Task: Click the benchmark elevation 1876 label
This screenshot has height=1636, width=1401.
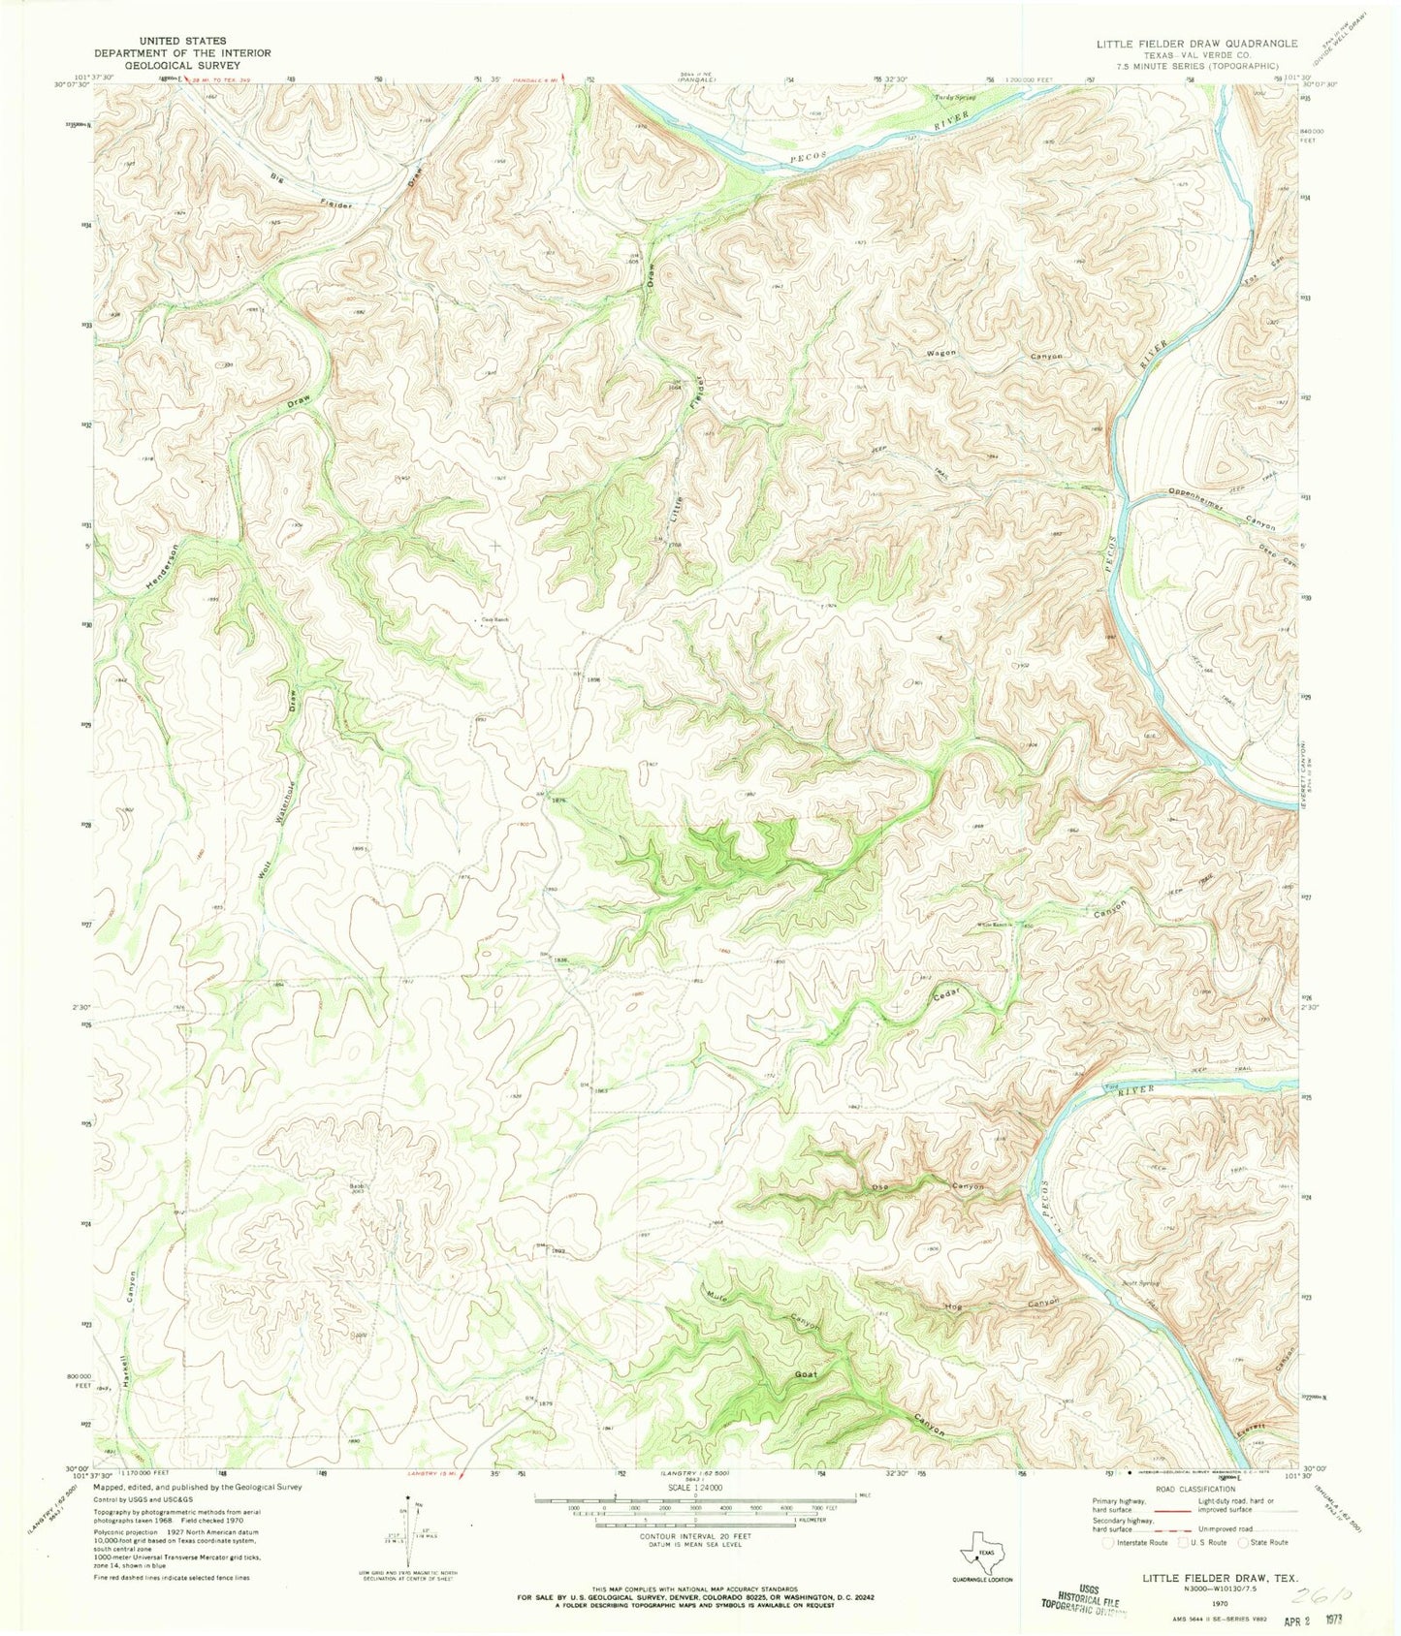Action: click(x=557, y=801)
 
